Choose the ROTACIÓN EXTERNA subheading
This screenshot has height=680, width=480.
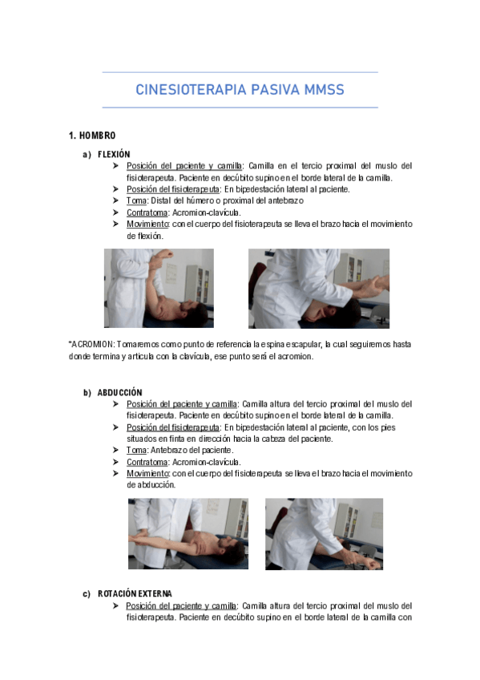click(x=135, y=593)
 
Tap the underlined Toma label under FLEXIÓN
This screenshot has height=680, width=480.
click(x=135, y=201)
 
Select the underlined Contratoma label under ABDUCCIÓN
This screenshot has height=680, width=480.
click(x=147, y=462)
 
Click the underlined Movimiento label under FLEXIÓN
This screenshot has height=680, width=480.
click(x=147, y=225)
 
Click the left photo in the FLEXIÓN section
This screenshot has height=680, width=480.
click(x=159, y=288)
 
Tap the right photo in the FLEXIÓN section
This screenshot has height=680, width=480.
click(x=318, y=288)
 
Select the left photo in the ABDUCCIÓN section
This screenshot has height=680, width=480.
click(x=188, y=533)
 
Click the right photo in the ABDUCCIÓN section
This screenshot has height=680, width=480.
click(x=324, y=533)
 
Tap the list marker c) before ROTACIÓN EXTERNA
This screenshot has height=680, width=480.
click(x=87, y=593)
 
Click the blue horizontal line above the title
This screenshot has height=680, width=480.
click(x=240, y=73)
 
